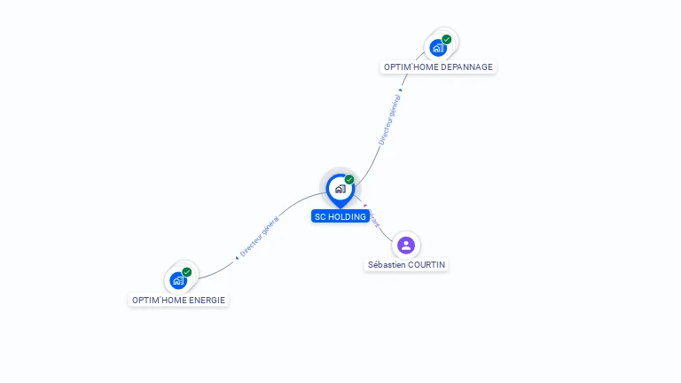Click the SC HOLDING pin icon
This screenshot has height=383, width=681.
pos(340,189)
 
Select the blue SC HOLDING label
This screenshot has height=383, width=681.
pos(340,216)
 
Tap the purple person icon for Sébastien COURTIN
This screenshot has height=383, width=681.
pos(406,245)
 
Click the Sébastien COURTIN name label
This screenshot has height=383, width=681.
pos(407,264)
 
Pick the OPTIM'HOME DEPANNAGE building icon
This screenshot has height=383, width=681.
pos(437,48)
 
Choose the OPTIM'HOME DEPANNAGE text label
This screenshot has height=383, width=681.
pos(438,66)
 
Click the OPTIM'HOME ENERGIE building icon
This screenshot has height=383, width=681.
pos(178,280)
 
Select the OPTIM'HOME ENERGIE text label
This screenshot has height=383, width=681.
pos(179,300)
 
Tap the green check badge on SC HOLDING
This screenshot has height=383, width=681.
pos(349,180)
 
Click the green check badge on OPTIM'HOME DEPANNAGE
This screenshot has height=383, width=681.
pos(447,39)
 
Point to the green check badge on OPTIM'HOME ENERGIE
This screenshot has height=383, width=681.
pos(187,272)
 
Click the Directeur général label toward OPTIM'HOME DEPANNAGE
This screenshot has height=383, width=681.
pos(389,119)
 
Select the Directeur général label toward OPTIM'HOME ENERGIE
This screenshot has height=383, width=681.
pos(260,237)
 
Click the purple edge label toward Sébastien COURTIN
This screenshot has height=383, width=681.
pos(373,219)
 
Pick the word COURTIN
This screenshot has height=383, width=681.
pos(427,264)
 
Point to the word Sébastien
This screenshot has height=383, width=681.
pos(387,264)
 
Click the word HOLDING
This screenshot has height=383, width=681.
pos(348,216)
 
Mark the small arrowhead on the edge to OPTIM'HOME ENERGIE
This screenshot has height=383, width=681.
pos(237,257)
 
